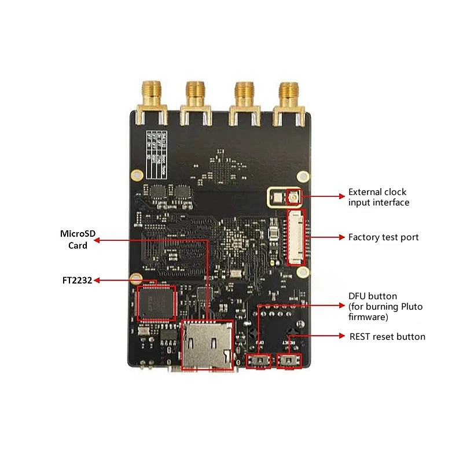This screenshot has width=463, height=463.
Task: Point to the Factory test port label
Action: [x=383, y=237]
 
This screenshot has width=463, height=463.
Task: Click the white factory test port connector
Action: [x=297, y=237]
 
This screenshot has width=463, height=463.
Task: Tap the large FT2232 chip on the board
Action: [x=156, y=302]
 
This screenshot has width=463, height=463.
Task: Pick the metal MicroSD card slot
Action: [x=207, y=345]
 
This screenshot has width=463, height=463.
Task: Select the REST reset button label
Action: [x=387, y=337]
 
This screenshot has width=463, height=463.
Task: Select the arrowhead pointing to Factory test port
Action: [x=342, y=237]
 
